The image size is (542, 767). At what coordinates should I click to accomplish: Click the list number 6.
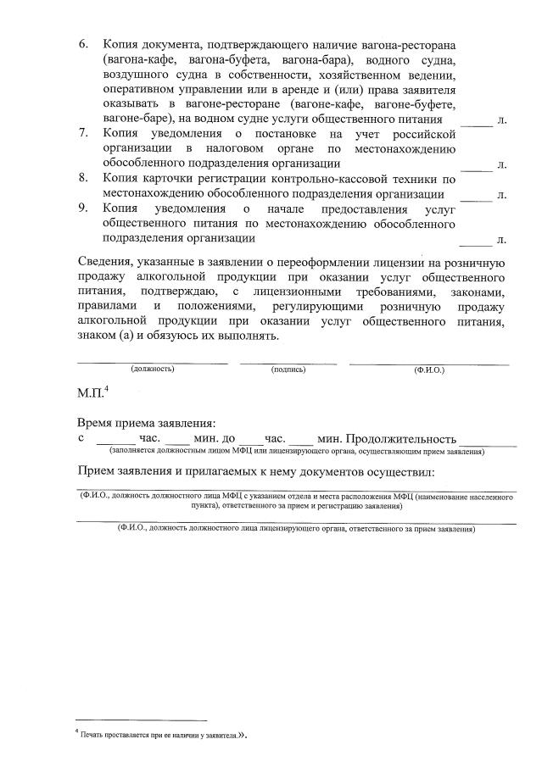(83, 42)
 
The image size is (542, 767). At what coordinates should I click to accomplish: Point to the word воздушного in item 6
(138, 75)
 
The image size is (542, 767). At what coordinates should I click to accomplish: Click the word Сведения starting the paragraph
(106, 261)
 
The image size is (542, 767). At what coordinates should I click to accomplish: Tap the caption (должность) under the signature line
(152, 370)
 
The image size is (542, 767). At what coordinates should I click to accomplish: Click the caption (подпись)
(288, 370)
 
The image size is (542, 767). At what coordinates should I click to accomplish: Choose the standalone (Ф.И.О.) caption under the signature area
(428, 371)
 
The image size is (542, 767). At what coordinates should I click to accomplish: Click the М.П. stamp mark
(91, 394)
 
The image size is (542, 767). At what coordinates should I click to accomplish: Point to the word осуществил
(400, 470)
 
